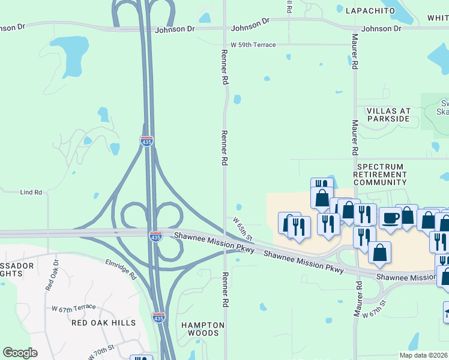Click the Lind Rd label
(31, 192)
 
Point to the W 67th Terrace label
(73, 307)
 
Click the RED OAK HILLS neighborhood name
(104, 323)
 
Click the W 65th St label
(244, 229)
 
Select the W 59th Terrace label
(253, 45)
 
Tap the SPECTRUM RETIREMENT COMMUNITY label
(380, 174)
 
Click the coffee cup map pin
(390, 218)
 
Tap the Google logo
(20, 353)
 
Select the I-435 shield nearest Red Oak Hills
(158, 317)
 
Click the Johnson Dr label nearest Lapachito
(381, 28)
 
